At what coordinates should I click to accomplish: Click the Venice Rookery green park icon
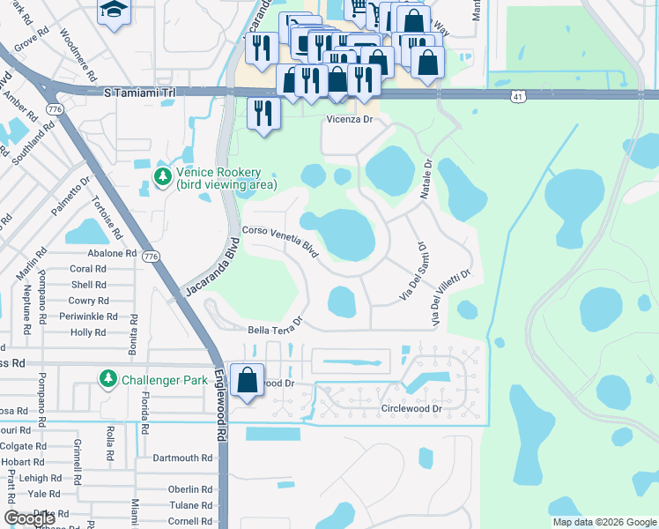click(x=162, y=177)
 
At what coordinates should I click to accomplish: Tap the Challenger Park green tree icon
click(x=108, y=379)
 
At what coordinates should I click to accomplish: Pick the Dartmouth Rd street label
click(x=182, y=458)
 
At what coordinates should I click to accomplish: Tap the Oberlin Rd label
click(x=191, y=489)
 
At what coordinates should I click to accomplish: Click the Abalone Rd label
click(x=107, y=253)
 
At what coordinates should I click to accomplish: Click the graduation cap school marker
click(x=114, y=11)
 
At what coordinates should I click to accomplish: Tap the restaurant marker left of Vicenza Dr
click(x=263, y=113)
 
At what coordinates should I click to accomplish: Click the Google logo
click(x=29, y=518)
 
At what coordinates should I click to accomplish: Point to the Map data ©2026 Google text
click(x=604, y=522)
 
